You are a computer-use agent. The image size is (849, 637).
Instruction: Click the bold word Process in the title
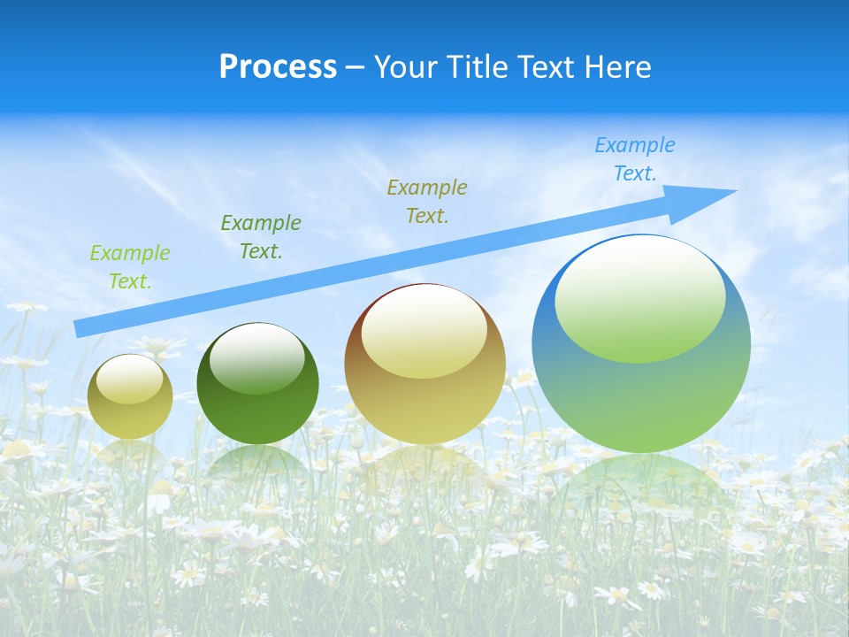coord(278,67)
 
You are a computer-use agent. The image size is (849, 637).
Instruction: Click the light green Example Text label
coord(130,267)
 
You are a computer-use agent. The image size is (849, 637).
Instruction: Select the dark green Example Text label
coord(261,237)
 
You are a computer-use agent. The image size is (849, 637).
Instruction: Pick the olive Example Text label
coord(427,201)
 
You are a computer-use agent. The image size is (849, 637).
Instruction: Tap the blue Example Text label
coord(635,158)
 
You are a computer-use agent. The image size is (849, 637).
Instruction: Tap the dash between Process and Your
coord(356,68)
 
